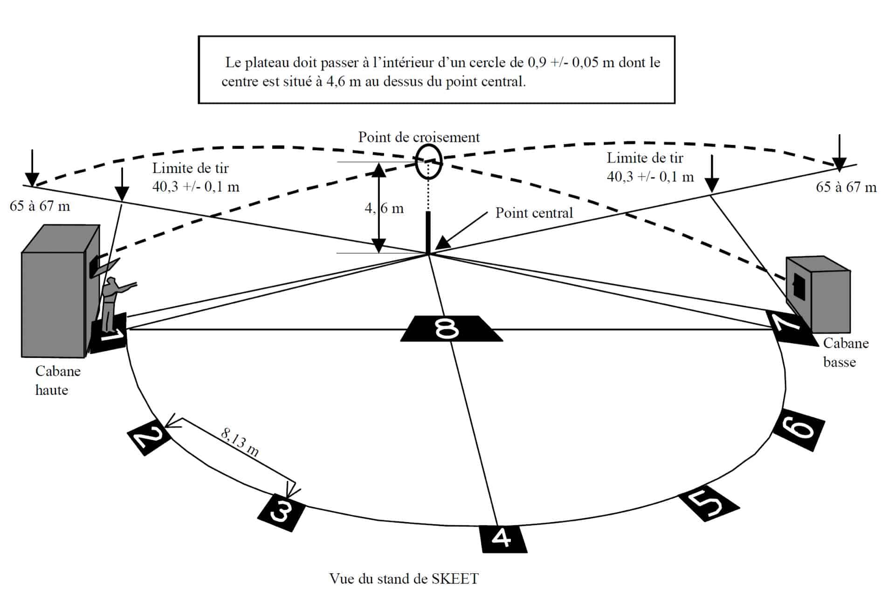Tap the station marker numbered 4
[x=503, y=539]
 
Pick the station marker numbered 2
[x=149, y=437]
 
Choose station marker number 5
[x=708, y=504]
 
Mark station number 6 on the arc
[x=799, y=429]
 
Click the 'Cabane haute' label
[x=57, y=380]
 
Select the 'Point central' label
[x=534, y=213]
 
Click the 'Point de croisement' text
[x=419, y=137]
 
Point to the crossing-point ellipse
[x=428, y=162]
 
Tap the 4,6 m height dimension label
[x=384, y=208]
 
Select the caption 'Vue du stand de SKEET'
[x=404, y=578]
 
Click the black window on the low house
[x=799, y=285]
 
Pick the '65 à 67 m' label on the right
[x=846, y=187]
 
